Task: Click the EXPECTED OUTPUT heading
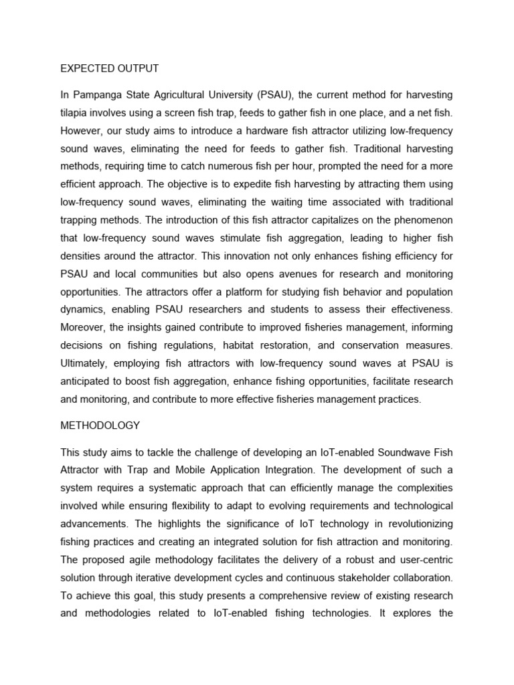click(110, 68)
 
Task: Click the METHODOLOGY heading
click(100, 425)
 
